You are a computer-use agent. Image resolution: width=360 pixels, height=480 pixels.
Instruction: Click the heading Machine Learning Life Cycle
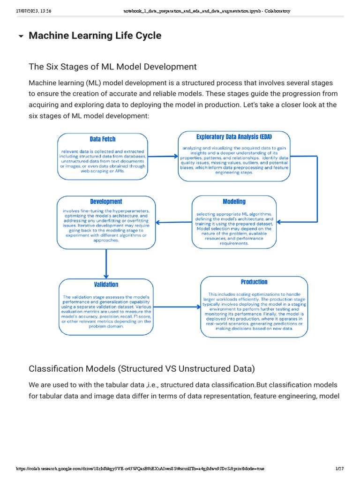pyautogui.click(x=95, y=36)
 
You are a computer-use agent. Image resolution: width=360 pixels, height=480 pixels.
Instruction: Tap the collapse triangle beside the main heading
pyautogui.click(x=21, y=37)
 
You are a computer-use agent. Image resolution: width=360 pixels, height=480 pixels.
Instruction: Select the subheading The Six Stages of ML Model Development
pyautogui.click(x=112, y=67)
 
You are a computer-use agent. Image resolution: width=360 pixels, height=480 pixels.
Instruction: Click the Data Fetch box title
pyautogui.click(x=102, y=139)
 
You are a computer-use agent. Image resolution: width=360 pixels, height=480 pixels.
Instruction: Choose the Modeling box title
pyautogui.click(x=234, y=202)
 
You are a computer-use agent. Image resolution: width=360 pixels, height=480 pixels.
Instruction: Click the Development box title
pyautogui.click(x=106, y=202)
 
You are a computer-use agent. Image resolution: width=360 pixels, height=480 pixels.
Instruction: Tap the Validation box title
pyautogui.click(x=106, y=285)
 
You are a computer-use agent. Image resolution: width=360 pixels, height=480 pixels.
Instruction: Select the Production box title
pyautogui.click(x=254, y=282)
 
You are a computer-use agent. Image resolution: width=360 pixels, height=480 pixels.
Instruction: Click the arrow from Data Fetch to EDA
pyautogui.click(x=163, y=157)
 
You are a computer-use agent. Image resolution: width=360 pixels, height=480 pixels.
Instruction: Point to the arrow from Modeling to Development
pyautogui.click(x=174, y=222)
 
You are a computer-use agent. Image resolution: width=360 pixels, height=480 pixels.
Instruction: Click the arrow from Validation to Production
pyautogui.click(x=177, y=307)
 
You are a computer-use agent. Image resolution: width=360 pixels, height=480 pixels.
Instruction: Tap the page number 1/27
pyautogui.click(x=340, y=469)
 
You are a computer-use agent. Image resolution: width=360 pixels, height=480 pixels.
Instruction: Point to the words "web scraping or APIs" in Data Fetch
pyautogui.click(x=102, y=172)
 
